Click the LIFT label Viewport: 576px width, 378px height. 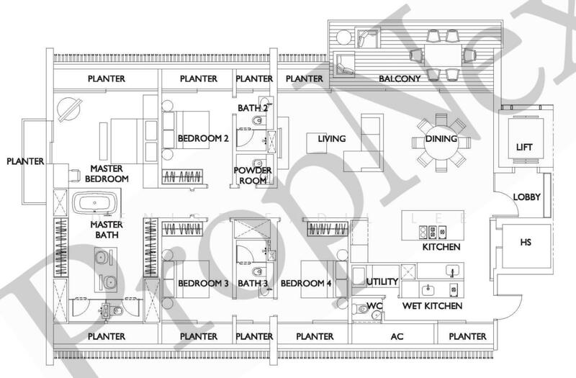(525, 147)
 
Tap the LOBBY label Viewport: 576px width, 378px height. (527, 197)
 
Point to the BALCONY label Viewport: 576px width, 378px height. (400, 78)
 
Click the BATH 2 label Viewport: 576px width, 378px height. (253, 108)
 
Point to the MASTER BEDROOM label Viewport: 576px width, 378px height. (107, 173)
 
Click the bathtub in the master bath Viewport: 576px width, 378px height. (97, 203)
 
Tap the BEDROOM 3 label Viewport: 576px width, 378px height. (203, 284)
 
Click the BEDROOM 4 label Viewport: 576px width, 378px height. (306, 284)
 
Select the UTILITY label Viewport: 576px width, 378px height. (382, 282)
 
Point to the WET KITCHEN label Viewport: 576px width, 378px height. (432, 306)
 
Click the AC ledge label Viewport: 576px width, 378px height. (397, 336)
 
